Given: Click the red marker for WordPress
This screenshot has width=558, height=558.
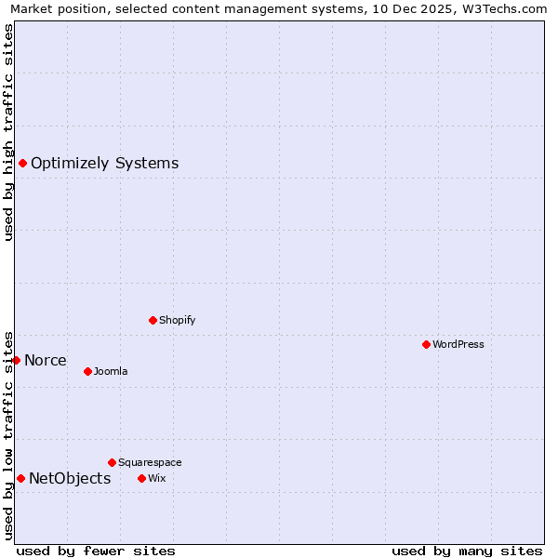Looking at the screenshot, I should [x=426, y=344].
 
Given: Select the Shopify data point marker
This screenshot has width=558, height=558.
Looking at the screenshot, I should [x=153, y=320].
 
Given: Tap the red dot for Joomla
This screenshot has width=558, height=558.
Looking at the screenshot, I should [x=87, y=371].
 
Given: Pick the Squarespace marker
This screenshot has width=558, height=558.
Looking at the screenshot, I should [x=112, y=462].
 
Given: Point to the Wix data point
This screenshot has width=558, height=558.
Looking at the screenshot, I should [x=141, y=478].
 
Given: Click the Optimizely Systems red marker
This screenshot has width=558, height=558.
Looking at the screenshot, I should [x=22, y=164].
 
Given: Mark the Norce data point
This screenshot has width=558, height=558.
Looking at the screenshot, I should [x=16, y=360].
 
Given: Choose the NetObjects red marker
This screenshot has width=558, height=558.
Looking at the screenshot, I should [x=20, y=478].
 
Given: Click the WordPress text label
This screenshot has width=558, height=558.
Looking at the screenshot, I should [x=458, y=344].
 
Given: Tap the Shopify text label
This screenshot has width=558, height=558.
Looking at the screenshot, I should [x=178, y=320].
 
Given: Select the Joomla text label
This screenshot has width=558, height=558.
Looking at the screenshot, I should [x=111, y=371].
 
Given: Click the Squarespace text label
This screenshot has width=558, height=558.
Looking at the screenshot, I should [x=150, y=462].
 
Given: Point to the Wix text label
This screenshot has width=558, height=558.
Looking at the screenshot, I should [x=156, y=478].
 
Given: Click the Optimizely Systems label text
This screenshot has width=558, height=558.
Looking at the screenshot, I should [x=104, y=164].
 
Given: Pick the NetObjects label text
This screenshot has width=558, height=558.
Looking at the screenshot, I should [x=70, y=478].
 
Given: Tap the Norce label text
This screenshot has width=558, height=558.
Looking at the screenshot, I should [x=46, y=360].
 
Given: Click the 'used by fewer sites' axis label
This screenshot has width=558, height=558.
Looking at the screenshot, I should [x=96, y=551].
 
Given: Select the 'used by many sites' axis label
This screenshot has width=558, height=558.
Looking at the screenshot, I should [x=467, y=551].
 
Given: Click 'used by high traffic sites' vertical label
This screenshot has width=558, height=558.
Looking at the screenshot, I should [x=8, y=132].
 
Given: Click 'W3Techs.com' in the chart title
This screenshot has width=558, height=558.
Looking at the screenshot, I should [x=509, y=8].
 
